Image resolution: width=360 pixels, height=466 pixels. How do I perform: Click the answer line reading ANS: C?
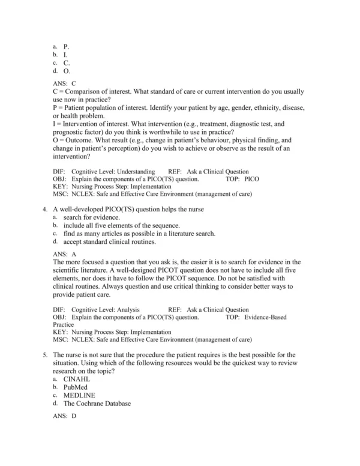pos(64,83)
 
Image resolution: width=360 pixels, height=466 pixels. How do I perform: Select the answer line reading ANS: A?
pos(64,254)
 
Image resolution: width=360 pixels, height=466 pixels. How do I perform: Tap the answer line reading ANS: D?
pos(65,416)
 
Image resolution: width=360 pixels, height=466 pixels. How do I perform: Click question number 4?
pos(46,209)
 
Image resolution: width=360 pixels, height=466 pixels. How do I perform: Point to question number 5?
pos(46,356)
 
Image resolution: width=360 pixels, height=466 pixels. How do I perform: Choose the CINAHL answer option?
pos(77,379)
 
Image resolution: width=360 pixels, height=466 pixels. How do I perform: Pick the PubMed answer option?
pos(76,387)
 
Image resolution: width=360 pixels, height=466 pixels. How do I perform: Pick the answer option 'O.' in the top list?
pos(67,70)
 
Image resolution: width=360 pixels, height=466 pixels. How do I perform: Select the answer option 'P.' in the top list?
pos(66,46)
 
